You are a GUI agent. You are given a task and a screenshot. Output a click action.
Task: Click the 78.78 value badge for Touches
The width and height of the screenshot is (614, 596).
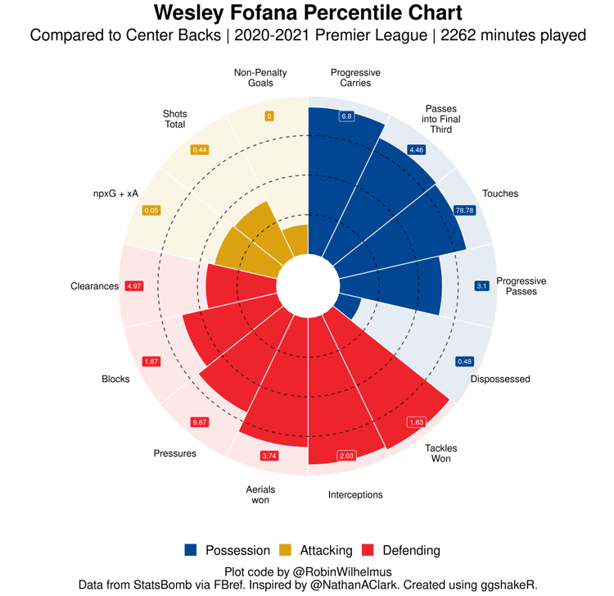click(x=464, y=211)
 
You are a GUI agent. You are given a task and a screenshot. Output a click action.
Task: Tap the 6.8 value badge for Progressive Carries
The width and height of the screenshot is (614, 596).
click(x=346, y=116)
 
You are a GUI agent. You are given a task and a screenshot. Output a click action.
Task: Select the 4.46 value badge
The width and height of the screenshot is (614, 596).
click(x=417, y=150)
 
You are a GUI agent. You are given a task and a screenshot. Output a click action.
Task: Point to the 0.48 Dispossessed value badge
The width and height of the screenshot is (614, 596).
click(x=464, y=362)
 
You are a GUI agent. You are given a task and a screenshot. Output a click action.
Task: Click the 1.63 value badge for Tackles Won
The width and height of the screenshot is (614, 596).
click(x=416, y=422)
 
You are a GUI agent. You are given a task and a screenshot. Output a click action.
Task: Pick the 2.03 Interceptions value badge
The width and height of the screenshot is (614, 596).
click(x=346, y=456)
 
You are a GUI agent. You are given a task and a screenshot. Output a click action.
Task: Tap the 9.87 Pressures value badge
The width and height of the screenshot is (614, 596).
click(x=199, y=422)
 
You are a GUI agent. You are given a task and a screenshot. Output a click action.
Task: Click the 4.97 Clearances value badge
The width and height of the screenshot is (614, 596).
click(x=133, y=286)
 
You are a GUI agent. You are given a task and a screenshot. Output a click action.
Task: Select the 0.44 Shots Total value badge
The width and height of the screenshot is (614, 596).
click(x=199, y=150)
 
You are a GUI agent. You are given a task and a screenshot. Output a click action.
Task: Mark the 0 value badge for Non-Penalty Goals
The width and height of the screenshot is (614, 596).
click(x=269, y=116)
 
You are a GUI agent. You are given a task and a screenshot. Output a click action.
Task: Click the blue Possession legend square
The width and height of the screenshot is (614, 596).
click(x=191, y=550)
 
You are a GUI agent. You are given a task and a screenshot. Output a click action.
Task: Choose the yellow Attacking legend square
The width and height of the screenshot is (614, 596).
click(x=286, y=550)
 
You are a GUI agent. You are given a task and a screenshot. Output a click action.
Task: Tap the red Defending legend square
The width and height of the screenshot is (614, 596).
click(x=368, y=550)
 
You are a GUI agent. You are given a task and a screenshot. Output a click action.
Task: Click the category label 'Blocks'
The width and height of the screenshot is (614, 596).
click(x=115, y=379)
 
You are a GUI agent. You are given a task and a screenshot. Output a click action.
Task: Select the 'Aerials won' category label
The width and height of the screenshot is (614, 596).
click(x=260, y=494)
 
